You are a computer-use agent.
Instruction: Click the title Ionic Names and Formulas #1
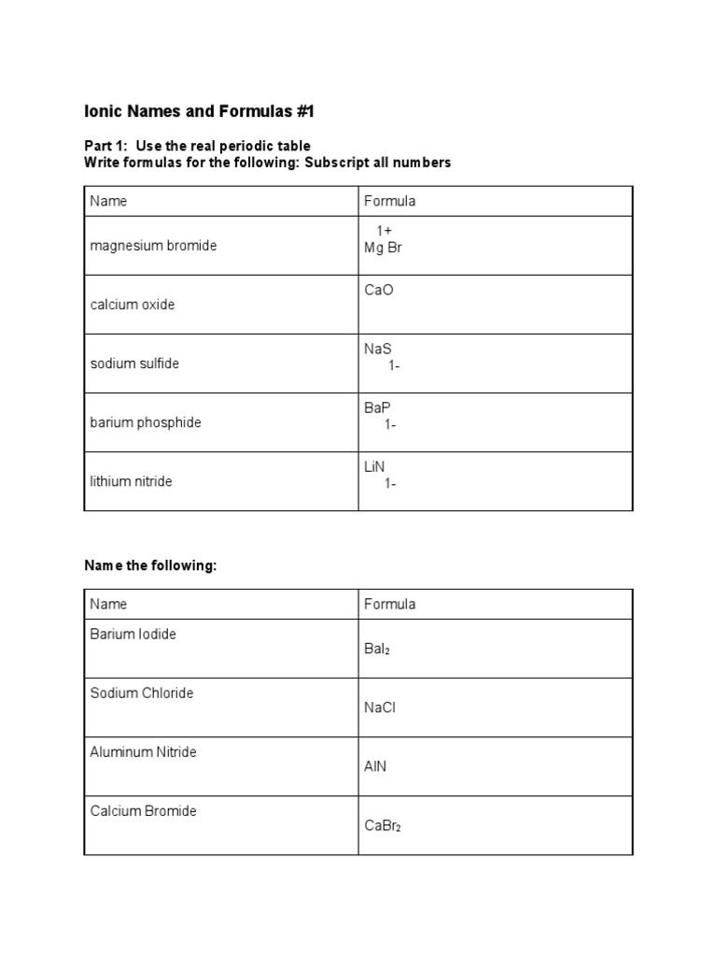200,112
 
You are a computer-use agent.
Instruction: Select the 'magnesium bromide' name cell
153,246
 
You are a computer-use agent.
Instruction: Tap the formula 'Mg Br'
383,248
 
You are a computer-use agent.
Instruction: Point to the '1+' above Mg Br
385,231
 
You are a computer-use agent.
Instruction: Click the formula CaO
379,290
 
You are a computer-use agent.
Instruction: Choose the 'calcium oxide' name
133,305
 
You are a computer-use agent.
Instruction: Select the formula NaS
379,349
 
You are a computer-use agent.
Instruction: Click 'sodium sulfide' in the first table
134,364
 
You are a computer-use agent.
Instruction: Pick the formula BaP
378,407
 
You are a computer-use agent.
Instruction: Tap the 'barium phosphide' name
146,422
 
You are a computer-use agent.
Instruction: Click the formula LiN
374,466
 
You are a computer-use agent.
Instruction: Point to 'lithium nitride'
131,481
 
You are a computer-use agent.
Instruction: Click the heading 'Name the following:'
150,566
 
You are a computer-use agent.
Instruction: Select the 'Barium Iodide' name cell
134,634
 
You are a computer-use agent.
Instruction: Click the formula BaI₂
377,649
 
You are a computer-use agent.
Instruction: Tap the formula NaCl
380,707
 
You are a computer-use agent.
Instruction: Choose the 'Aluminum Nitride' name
143,751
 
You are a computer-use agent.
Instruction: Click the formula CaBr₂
383,825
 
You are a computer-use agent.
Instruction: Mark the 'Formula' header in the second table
389,604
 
